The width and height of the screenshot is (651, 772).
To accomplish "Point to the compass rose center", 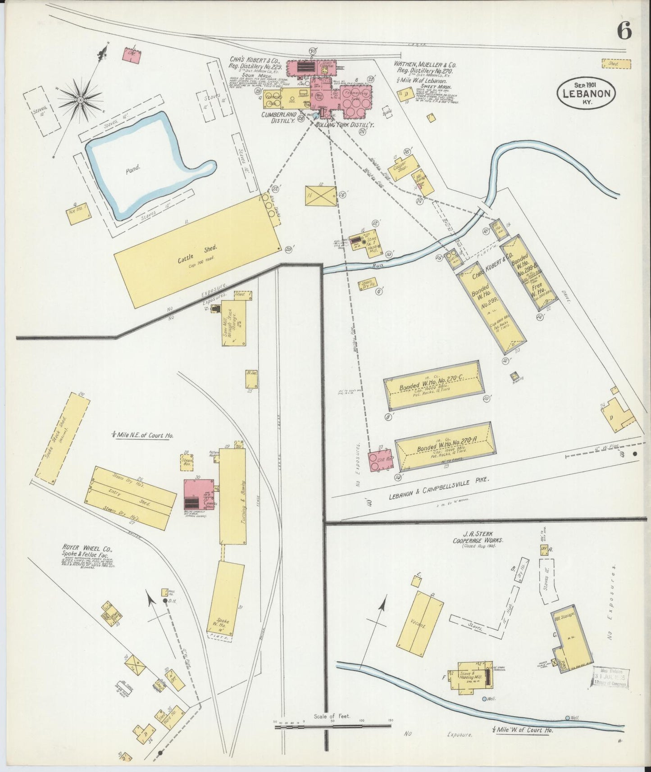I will click(80, 100).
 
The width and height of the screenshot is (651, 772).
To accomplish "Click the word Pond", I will click(133, 168).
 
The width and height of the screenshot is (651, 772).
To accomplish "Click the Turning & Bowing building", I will click(232, 495).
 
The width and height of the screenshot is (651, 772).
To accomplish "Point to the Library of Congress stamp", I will click(611, 677).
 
